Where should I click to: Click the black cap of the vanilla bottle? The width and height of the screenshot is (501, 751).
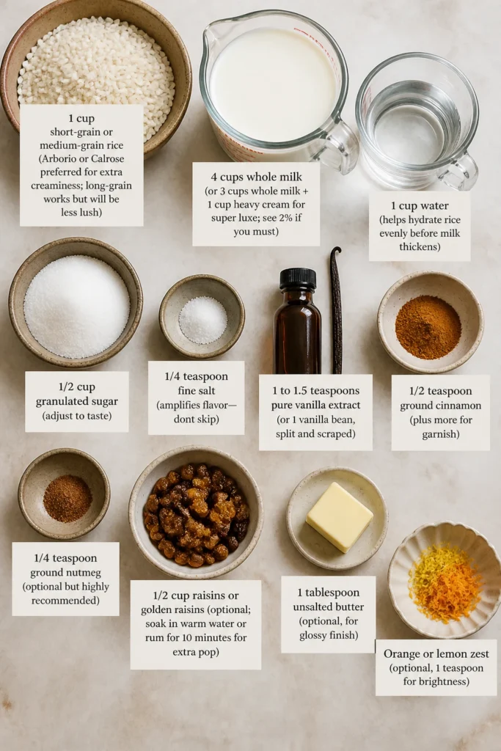[298, 279]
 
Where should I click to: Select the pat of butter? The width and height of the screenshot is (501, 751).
[339, 517]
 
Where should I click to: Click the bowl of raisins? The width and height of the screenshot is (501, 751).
[196, 512]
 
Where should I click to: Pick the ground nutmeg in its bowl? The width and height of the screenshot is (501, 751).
[67, 499]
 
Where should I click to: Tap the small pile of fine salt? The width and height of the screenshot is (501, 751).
[203, 320]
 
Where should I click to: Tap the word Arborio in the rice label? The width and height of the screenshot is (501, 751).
[59, 159]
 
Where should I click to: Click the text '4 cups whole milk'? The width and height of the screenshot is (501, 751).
[256, 177]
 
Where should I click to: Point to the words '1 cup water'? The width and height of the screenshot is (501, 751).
[420, 206]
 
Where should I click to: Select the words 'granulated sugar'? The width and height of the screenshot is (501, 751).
[76, 401]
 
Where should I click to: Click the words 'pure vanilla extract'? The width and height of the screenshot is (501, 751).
[315, 405]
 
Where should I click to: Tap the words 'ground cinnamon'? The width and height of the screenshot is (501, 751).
[441, 406]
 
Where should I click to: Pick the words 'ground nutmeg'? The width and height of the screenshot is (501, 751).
[65, 572]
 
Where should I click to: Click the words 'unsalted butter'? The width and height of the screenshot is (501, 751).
[329, 607]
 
